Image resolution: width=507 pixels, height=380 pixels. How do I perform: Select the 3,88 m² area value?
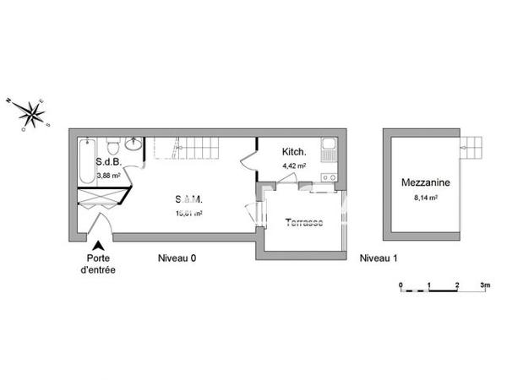[109, 176]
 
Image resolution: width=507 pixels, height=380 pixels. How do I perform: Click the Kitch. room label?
[293, 151]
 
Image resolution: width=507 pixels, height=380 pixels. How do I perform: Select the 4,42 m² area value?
[293, 166]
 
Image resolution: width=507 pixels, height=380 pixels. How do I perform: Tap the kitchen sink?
[330, 150]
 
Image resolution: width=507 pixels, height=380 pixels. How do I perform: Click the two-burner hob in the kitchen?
[330, 177]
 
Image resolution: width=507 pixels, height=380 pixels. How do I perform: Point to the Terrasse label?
[303, 222]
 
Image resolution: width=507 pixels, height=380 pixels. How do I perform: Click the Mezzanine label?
[424, 182]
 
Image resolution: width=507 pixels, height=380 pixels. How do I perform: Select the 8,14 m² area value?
[424, 198]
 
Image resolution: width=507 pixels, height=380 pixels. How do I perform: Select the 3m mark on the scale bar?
[485, 285]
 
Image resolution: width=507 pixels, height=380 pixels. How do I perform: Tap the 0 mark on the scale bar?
[401, 285]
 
